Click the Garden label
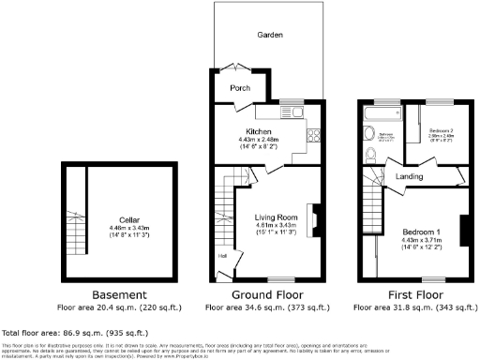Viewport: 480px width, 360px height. (271, 34)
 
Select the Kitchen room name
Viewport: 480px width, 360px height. (258, 131)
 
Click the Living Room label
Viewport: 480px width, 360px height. (275, 217)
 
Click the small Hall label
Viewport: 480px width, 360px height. (222, 255)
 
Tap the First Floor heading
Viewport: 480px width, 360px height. (412, 295)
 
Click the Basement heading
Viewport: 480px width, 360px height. (117, 295)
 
